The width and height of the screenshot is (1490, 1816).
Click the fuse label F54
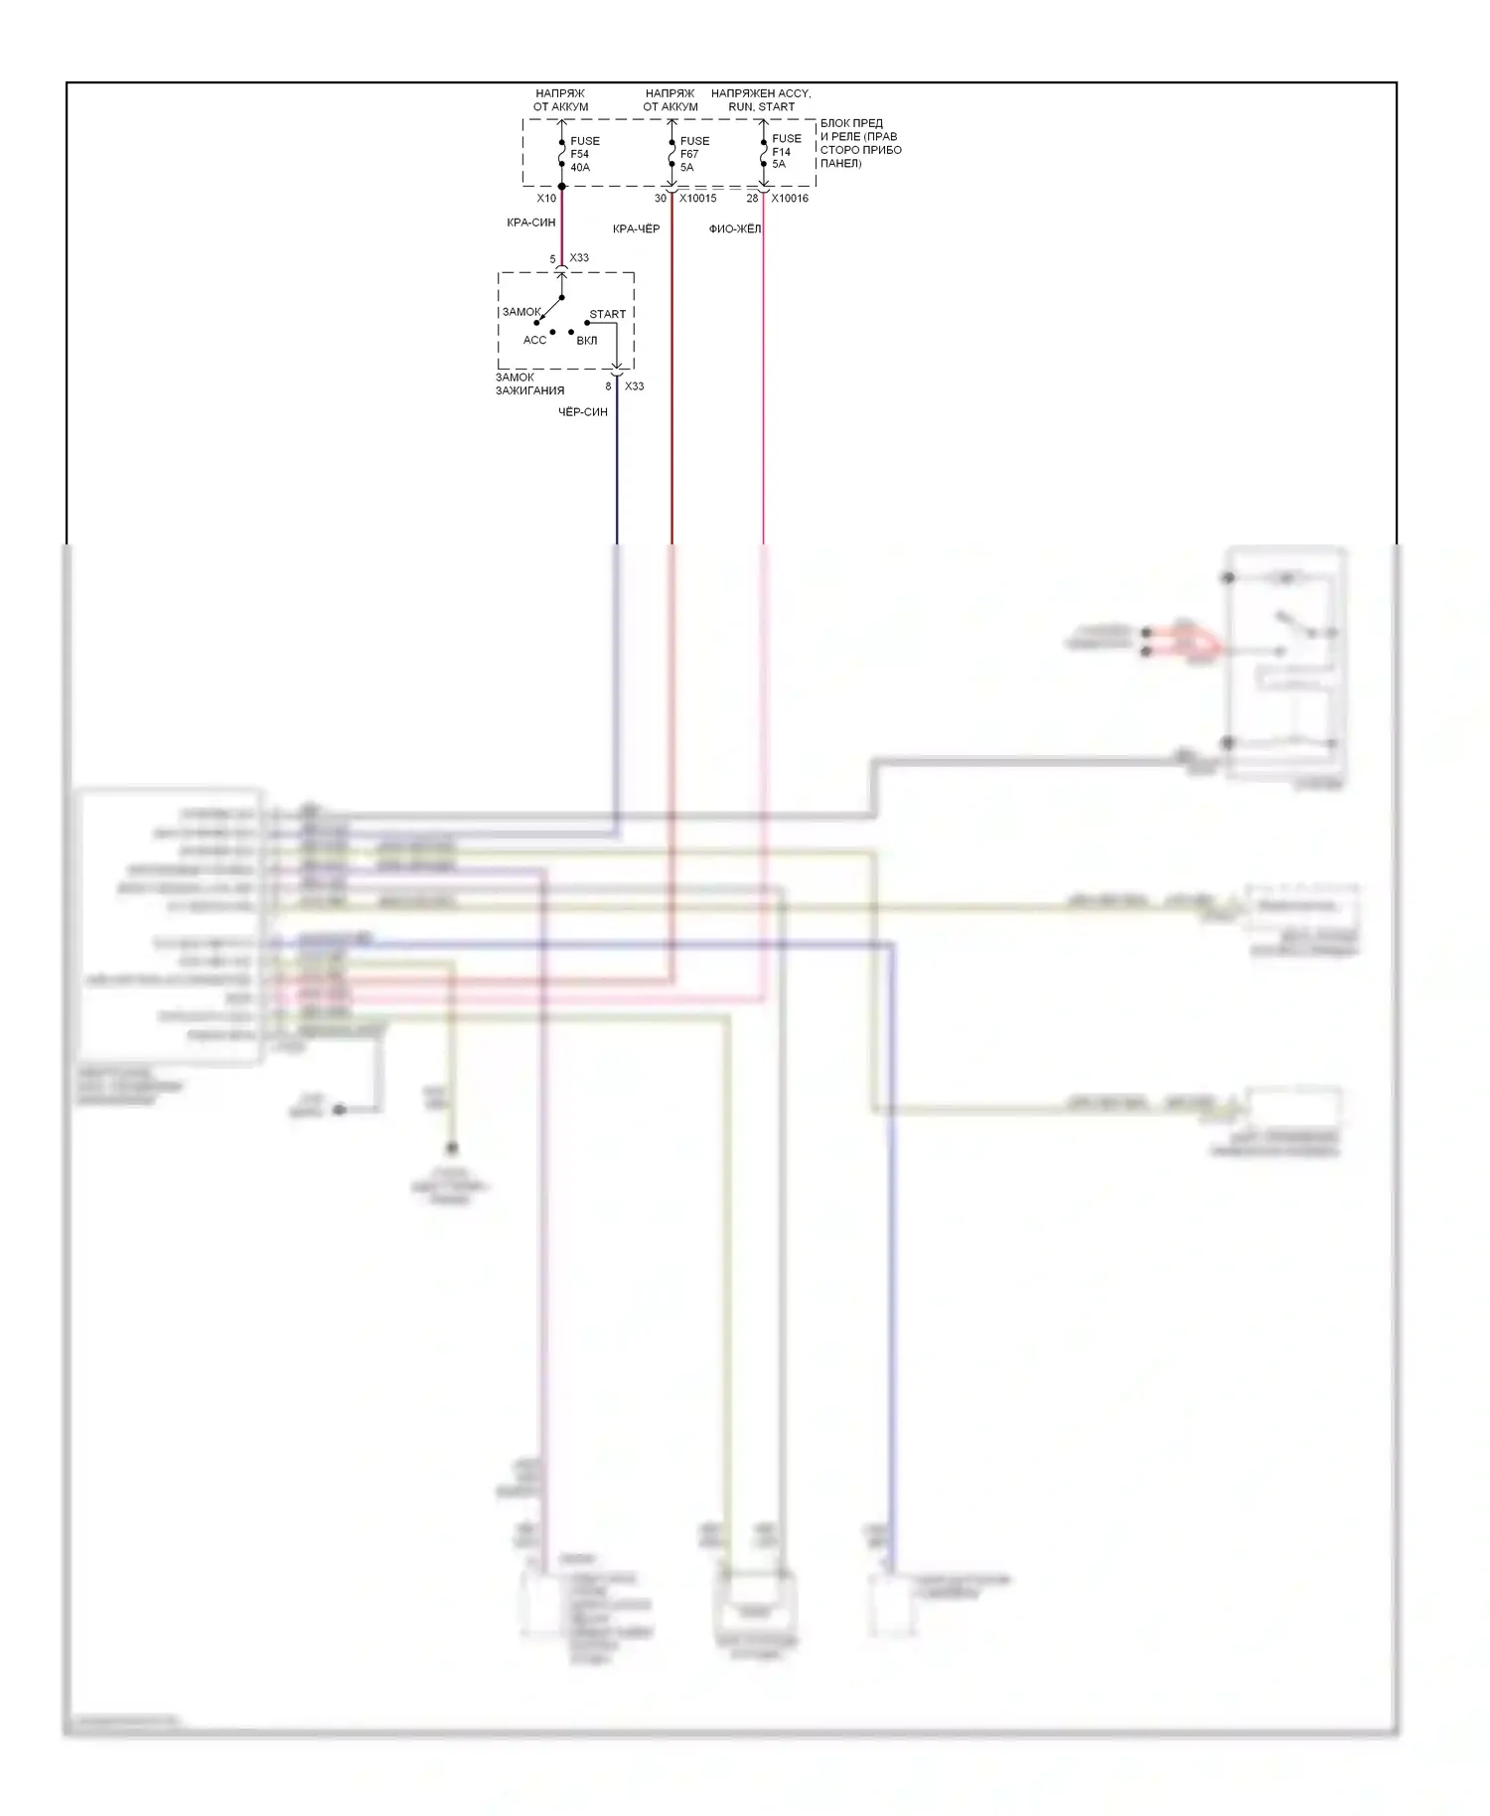click(x=579, y=154)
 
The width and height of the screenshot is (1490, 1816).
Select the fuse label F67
click(x=689, y=154)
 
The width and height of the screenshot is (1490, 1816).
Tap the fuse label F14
click(x=782, y=152)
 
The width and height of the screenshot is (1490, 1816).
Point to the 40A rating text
click(x=580, y=167)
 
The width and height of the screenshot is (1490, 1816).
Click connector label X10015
click(x=697, y=199)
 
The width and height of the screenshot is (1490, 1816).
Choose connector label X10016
click(x=790, y=199)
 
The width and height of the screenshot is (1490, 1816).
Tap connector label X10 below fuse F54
click(x=546, y=199)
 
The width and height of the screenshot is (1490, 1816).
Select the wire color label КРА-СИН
click(x=531, y=224)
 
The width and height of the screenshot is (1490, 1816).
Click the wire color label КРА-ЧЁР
click(x=636, y=229)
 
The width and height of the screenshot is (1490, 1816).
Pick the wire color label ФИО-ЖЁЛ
click(x=735, y=229)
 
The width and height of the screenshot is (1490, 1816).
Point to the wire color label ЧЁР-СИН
click(x=583, y=411)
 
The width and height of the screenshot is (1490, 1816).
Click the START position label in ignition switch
click(x=608, y=314)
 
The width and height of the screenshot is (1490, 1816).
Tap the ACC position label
click(x=534, y=341)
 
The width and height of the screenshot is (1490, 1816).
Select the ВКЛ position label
click(x=587, y=341)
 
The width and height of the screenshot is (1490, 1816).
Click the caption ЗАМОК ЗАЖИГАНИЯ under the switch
click(x=529, y=384)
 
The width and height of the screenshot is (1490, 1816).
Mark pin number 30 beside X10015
click(x=661, y=199)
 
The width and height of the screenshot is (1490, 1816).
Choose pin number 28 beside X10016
click(x=752, y=199)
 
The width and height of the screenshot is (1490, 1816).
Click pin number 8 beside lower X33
click(x=608, y=386)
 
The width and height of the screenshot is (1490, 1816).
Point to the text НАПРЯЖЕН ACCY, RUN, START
click(x=761, y=99)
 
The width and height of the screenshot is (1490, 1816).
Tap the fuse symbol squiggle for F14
click(x=763, y=151)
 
